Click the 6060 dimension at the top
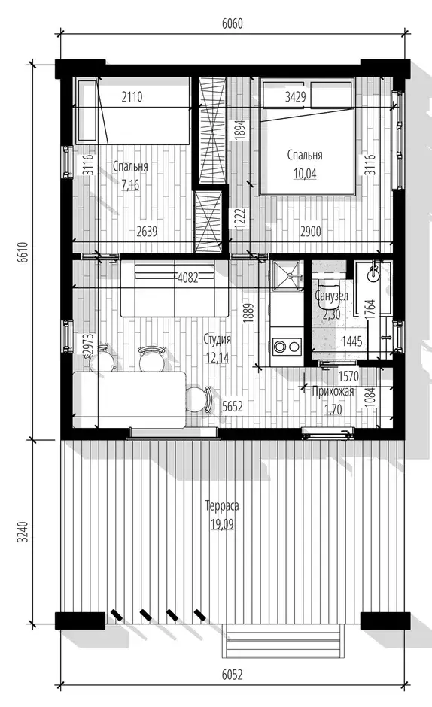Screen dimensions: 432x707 coord(232,23)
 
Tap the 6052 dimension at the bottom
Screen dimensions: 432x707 coord(232,675)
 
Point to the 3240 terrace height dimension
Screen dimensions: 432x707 coord(24,532)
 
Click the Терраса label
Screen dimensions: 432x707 coord(221,506)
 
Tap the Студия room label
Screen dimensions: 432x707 coord(217,339)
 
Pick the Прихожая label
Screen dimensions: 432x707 coord(333,391)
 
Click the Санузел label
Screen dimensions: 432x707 coord(331,296)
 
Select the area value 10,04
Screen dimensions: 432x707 coord(305,174)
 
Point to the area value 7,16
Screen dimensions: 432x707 coord(130,185)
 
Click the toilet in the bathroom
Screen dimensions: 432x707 coord(330,293)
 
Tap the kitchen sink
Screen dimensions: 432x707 coord(286,275)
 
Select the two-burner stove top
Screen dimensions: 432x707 coord(287,347)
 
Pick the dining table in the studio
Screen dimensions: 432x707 coord(129,400)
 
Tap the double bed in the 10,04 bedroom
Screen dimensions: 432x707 coord(307,136)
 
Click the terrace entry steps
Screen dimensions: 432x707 coord(281,641)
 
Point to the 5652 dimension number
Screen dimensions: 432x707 coord(232,407)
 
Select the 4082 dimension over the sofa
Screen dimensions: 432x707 coord(188,278)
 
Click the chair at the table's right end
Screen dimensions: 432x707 coord(199,399)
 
